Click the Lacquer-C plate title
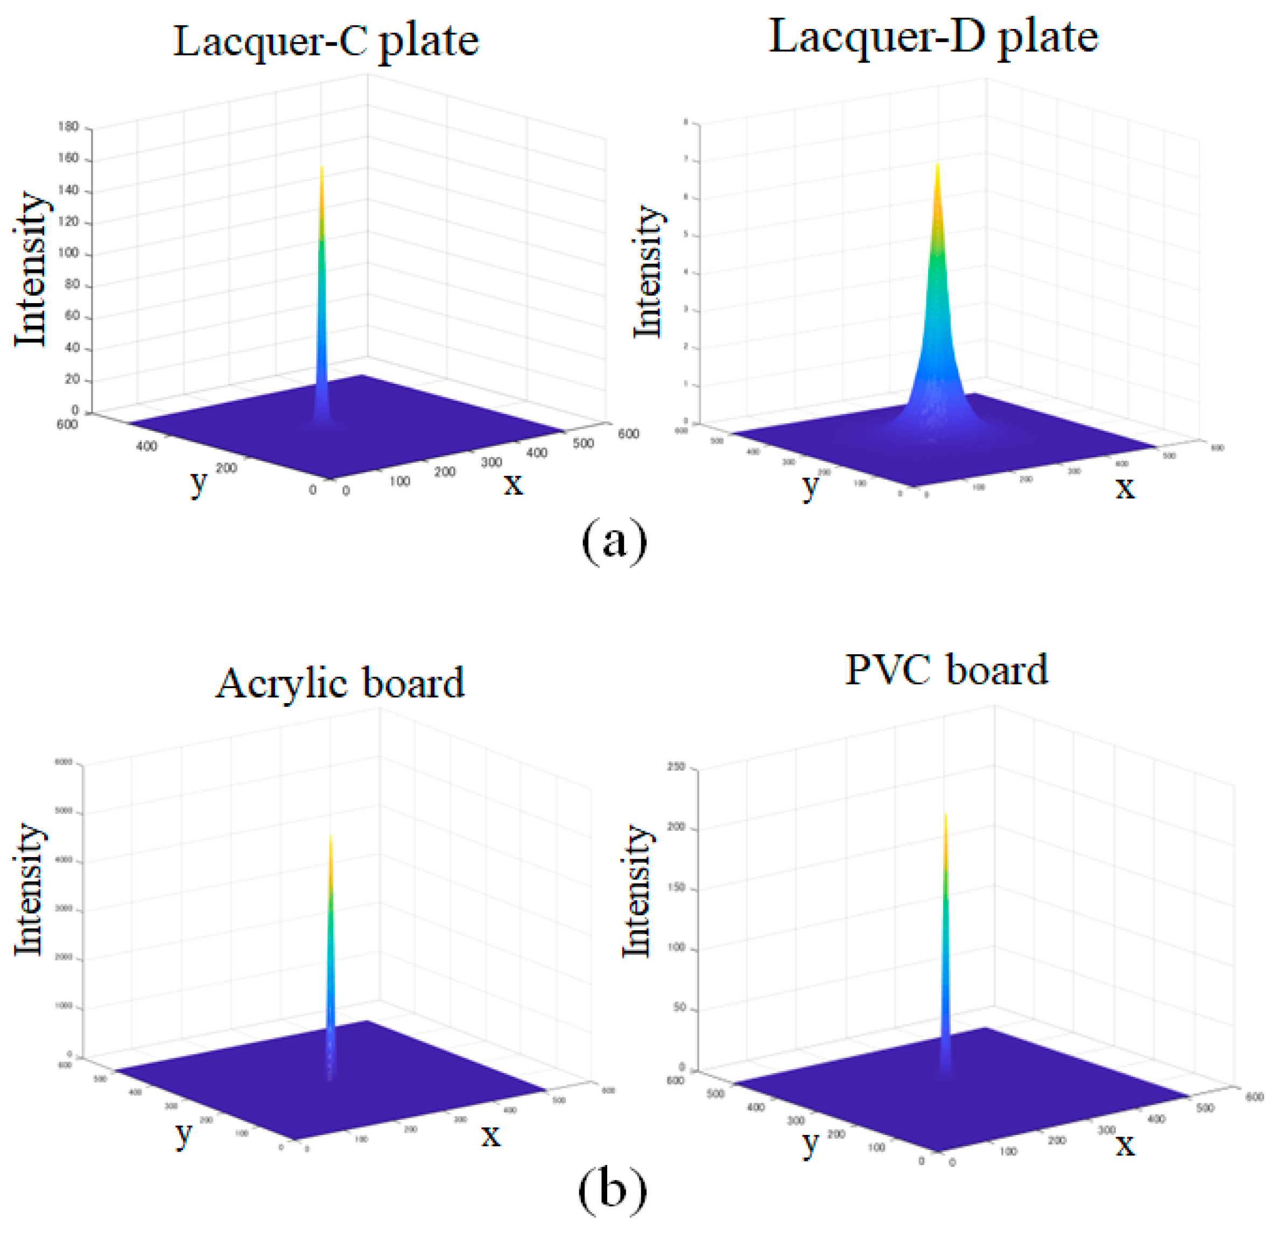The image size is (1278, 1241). click(x=325, y=40)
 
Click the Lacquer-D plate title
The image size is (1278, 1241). click(x=933, y=37)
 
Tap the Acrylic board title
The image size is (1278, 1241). click(x=340, y=683)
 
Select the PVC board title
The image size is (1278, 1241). click(x=946, y=670)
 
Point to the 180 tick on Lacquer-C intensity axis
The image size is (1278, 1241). click(x=68, y=127)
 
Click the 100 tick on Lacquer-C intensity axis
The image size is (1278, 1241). click(x=68, y=253)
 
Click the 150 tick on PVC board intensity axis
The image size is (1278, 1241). click(x=676, y=888)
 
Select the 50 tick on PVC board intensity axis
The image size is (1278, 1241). click(x=679, y=1007)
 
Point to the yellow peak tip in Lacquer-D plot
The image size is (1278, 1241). click(x=938, y=166)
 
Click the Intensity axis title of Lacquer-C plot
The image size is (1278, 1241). click(x=30, y=269)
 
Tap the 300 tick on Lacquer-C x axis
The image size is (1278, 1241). click(x=491, y=462)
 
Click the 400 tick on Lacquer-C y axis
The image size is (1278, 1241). click(x=147, y=446)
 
